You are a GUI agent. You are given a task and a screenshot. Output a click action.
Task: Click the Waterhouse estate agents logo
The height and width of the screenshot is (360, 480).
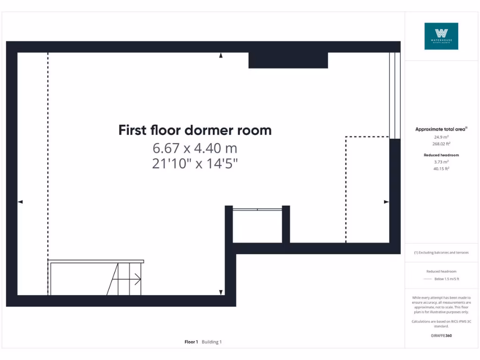point(441,36)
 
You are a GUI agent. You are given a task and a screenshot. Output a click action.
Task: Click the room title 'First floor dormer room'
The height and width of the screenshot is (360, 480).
point(195,130)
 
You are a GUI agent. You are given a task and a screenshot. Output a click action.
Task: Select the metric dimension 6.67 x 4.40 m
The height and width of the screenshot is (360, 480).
point(195,149)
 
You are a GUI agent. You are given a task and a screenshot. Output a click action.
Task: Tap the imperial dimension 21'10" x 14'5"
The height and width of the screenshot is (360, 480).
point(195,165)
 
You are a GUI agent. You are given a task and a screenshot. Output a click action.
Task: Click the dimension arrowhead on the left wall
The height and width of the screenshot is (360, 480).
point(20,202)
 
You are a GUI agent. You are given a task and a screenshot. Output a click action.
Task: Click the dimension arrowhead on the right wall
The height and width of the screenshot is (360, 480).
point(386,202)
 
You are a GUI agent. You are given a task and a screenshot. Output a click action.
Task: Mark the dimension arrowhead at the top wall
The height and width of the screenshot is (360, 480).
point(221,56)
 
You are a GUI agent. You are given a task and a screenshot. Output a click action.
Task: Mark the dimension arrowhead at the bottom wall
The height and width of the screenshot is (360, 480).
point(221,292)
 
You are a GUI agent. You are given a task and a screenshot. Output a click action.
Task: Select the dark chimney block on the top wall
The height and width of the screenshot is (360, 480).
point(288,60)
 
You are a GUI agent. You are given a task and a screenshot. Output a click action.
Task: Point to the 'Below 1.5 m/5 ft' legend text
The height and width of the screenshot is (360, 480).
point(447,279)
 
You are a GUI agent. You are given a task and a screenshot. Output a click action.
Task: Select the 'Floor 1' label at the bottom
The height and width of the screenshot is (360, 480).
point(191,342)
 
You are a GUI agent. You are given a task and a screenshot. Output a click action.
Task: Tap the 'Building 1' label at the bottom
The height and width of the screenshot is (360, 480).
point(212,342)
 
